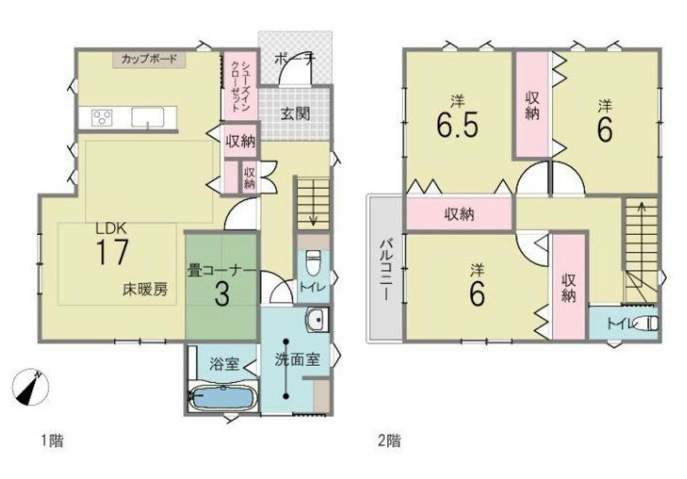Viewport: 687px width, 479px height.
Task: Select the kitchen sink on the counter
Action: coord(147,117)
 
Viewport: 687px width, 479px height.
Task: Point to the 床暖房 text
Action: coord(145,290)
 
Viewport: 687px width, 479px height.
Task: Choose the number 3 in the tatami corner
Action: coord(221,296)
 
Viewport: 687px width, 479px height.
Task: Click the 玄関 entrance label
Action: coord(295,114)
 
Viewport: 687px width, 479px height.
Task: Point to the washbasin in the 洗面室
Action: coord(317,320)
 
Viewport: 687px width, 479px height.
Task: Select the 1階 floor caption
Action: coord(52,441)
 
